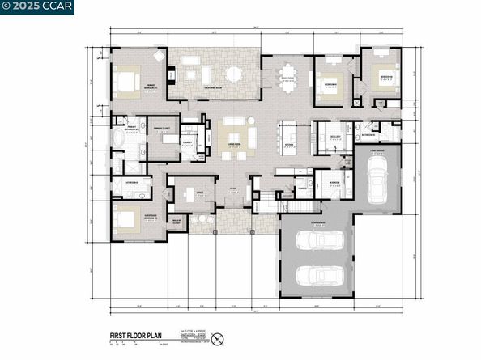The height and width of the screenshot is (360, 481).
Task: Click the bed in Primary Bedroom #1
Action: pos(128,82)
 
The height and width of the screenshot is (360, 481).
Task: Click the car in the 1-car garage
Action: pos(377,182)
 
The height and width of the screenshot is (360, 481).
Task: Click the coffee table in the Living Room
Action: pos(233,134)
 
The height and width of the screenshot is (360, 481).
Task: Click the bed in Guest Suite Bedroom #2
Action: pos(127,218)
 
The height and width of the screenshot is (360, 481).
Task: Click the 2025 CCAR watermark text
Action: pos(27,8)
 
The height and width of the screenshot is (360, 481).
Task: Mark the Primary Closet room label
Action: pos(161,129)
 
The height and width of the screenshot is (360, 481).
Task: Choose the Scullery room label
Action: pos(334,137)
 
